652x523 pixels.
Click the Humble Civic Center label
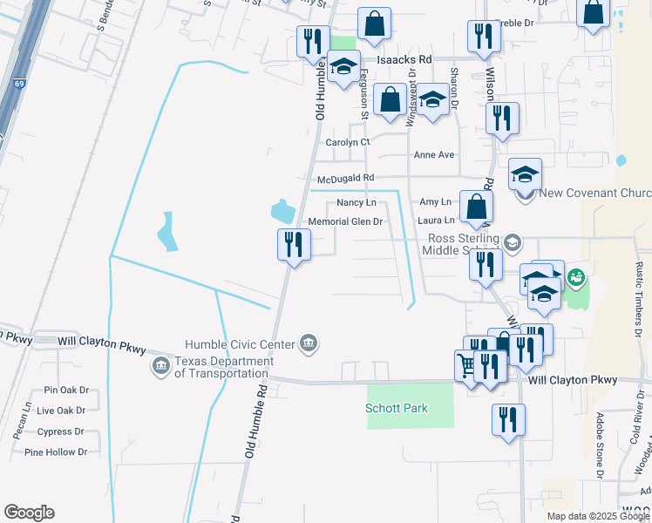coord(241,345)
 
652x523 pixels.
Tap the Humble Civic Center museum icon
coord(308,344)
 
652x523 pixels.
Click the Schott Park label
coord(397,408)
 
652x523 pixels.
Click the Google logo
coord(29,513)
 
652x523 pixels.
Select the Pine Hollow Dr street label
coord(57,452)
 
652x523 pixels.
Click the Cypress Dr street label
coord(61,431)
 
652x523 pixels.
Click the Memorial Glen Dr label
coord(346,221)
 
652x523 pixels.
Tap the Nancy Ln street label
coord(356,202)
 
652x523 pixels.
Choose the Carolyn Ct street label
coord(348,142)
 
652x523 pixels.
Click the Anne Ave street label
coord(434,155)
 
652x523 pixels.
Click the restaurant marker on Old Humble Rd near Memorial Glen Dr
coord(294,245)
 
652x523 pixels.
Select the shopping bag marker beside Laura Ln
coord(476,207)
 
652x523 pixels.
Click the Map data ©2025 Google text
coord(598,516)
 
